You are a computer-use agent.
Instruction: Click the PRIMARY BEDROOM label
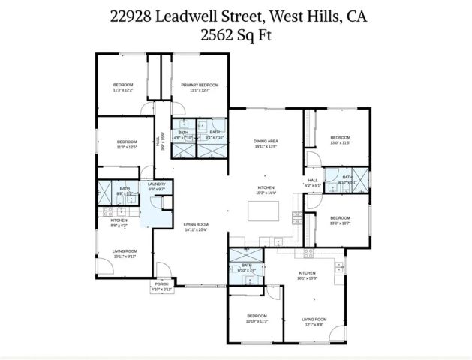(200, 85)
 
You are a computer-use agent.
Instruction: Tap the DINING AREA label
(266, 141)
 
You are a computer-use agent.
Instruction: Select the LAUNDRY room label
(157, 184)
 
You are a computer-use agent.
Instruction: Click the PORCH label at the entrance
(161, 283)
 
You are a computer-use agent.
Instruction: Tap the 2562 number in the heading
(217, 34)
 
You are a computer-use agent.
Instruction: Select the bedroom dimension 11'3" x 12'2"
(123, 90)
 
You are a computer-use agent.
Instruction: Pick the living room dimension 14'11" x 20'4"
(197, 229)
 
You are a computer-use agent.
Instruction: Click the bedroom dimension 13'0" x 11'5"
(341, 142)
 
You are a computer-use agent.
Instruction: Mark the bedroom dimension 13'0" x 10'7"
(341, 223)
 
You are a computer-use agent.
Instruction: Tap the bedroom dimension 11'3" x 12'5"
(126, 147)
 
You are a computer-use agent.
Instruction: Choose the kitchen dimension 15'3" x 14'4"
(266, 193)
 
